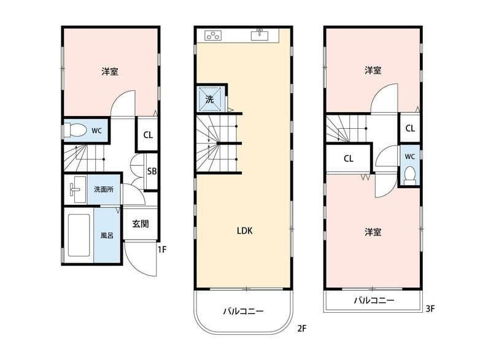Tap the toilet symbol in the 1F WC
[x=77, y=131]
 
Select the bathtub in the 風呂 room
[x=79, y=235]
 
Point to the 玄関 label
[x=141, y=224]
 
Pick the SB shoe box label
[x=152, y=171]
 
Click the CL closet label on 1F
[x=149, y=136]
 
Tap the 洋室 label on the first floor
[x=110, y=72]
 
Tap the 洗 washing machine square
[x=209, y=99]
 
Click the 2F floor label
[x=301, y=329]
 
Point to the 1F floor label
[x=161, y=250]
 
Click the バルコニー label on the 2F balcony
[x=243, y=311]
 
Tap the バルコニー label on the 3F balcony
[x=374, y=301]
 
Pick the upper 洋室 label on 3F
[x=373, y=71]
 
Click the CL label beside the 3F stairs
[x=348, y=158]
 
